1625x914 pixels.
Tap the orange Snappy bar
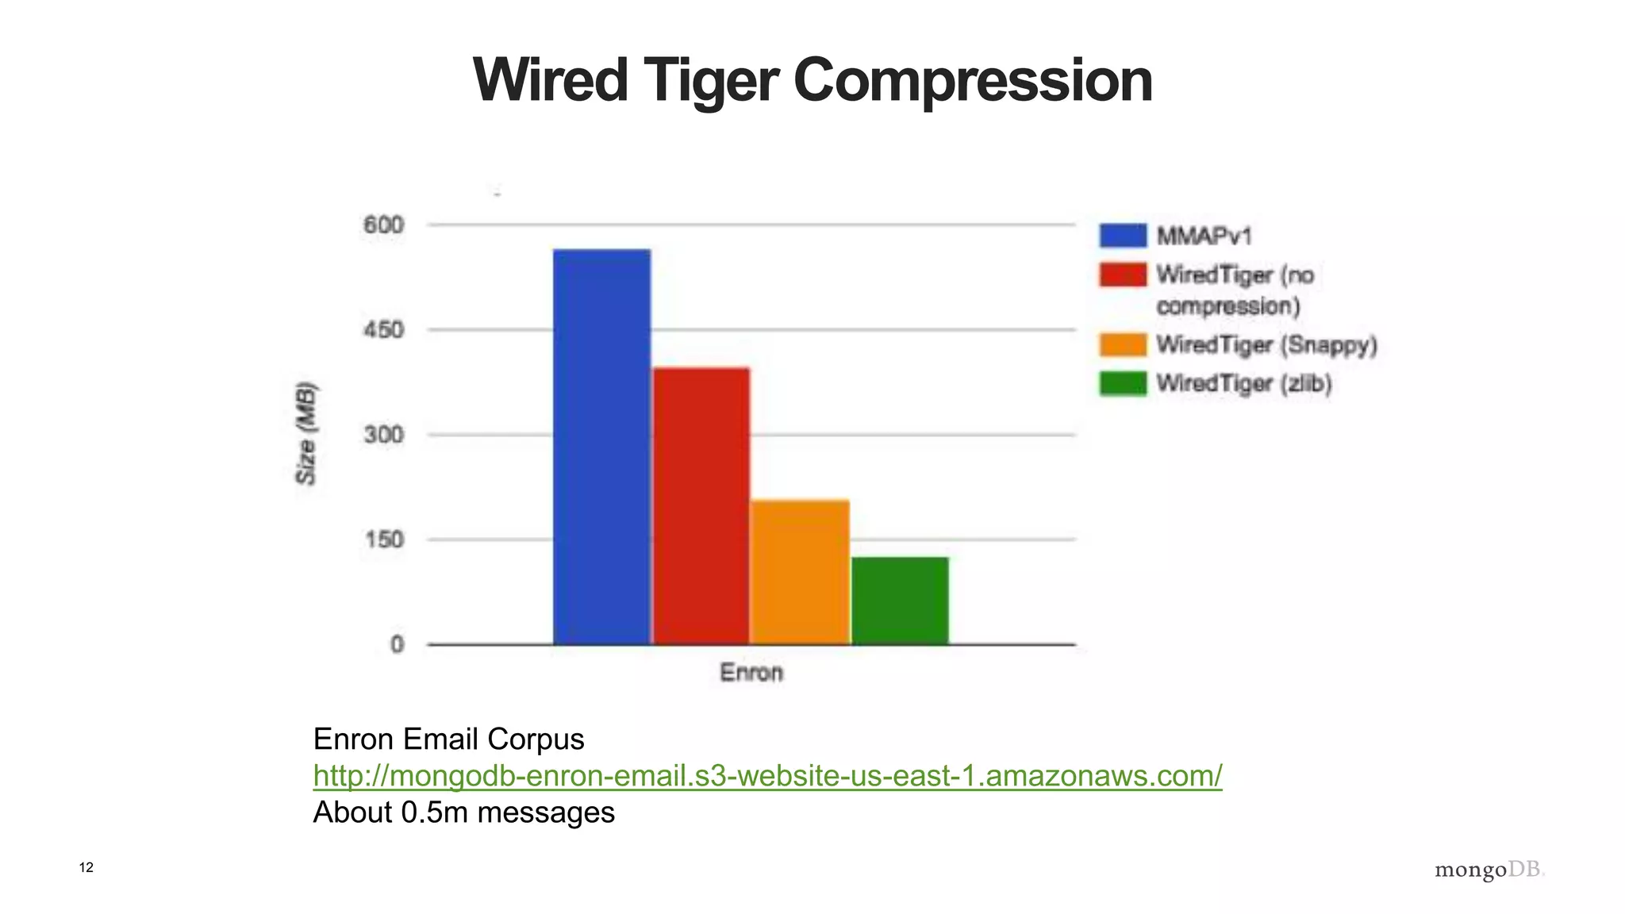pyautogui.click(x=800, y=572)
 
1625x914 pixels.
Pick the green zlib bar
pyautogui.click(x=900, y=601)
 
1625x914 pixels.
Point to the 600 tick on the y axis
pyautogui.click(x=383, y=225)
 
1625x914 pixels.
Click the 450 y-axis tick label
pyautogui.click(x=383, y=330)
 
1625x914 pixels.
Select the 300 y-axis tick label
pyautogui.click(x=383, y=435)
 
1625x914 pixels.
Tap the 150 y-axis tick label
pyautogui.click(x=383, y=540)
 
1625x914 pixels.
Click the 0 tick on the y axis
pyautogui.click(x=397, y=644)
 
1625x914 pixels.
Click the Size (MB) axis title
pyautogui.click(x=306, y=433)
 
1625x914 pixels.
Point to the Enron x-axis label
pyautogui.click(x=751, y=673)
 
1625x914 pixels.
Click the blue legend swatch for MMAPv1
pyautogui.click(x=1123, y=236)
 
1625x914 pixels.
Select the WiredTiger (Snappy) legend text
pyautogui.click(x=1266, y=345)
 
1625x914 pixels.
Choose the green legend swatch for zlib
pyautogui.click(x=1123, y=383)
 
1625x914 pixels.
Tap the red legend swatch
pyautogui.click(x=1123, y=275)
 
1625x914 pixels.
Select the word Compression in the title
pyautogui.click(x=972, y=81)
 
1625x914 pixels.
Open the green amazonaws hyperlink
pyautogui.click(x=767, y=775)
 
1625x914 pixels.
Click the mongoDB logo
pyautogui.click(x=1489, y=870)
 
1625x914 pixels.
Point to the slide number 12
pyautogui.click(x=86, y=867)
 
